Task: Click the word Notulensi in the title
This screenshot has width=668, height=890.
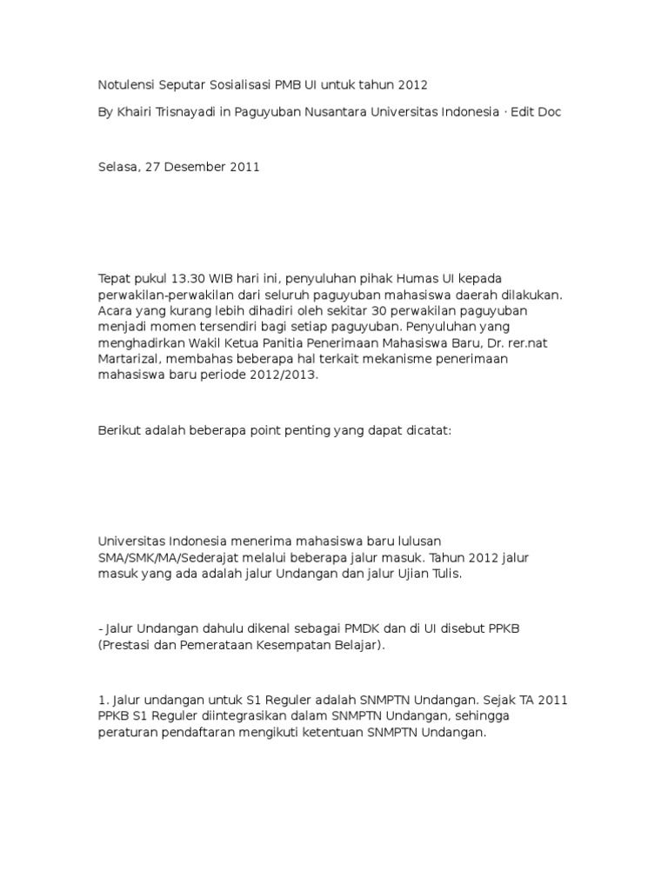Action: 125,85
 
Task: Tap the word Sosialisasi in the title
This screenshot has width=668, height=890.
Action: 239,85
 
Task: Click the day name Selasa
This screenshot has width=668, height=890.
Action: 117,168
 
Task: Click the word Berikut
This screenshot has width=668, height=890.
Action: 119,431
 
